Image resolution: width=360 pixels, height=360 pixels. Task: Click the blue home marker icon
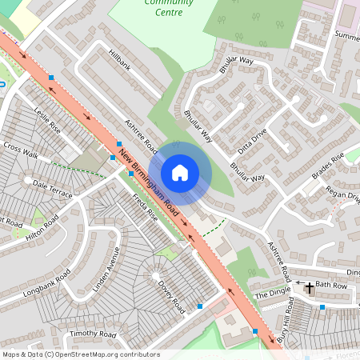click(x=180, y=173)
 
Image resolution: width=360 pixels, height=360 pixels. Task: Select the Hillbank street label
click(x=118, y=62)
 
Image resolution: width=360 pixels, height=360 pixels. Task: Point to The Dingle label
click(x=270, y=295)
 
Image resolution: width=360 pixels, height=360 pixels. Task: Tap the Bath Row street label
click(x=331, y=285)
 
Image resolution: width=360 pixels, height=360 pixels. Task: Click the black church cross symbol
click(x=310, y=286)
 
